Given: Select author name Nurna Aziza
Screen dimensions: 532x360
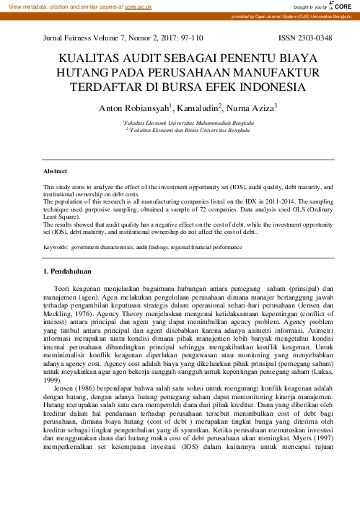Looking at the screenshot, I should click(250, 108).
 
